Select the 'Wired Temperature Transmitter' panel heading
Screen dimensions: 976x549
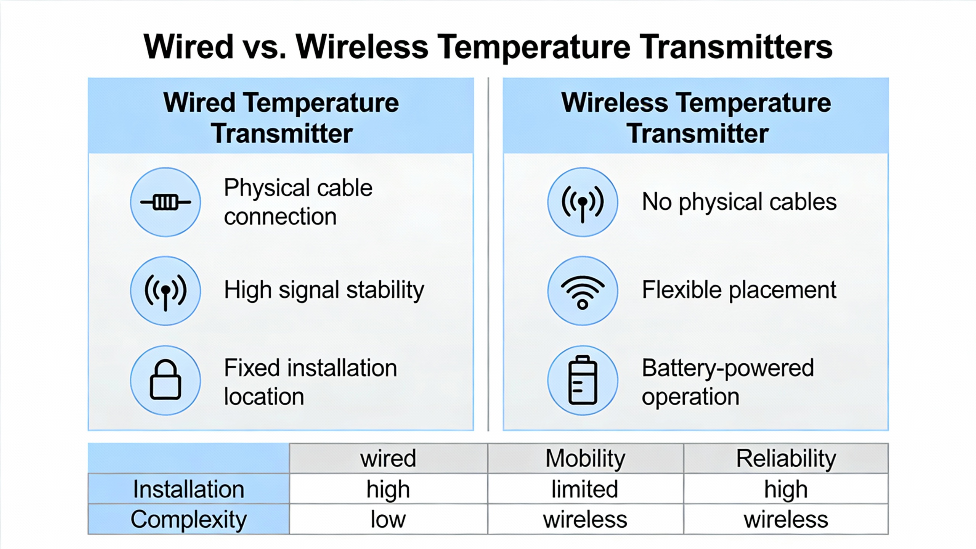point(281,118)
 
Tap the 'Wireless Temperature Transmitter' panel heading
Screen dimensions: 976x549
point(696,118)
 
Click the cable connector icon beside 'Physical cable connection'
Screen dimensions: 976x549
point(165,202)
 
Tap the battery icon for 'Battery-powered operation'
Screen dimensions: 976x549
point(583,380)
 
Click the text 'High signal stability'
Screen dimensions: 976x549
point(324,291)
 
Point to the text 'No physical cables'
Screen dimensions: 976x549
point(739,202)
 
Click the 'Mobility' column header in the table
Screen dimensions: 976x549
point(585,458)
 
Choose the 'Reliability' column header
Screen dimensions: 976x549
point(786,458)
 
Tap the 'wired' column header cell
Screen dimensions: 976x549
point(388,458)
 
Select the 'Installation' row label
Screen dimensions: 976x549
point(189,489)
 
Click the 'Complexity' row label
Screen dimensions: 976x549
point(189,520)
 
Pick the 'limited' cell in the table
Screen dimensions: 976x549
point(585,489)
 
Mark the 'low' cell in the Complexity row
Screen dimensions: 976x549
point(388,520)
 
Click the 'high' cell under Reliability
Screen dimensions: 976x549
point(786,490)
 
